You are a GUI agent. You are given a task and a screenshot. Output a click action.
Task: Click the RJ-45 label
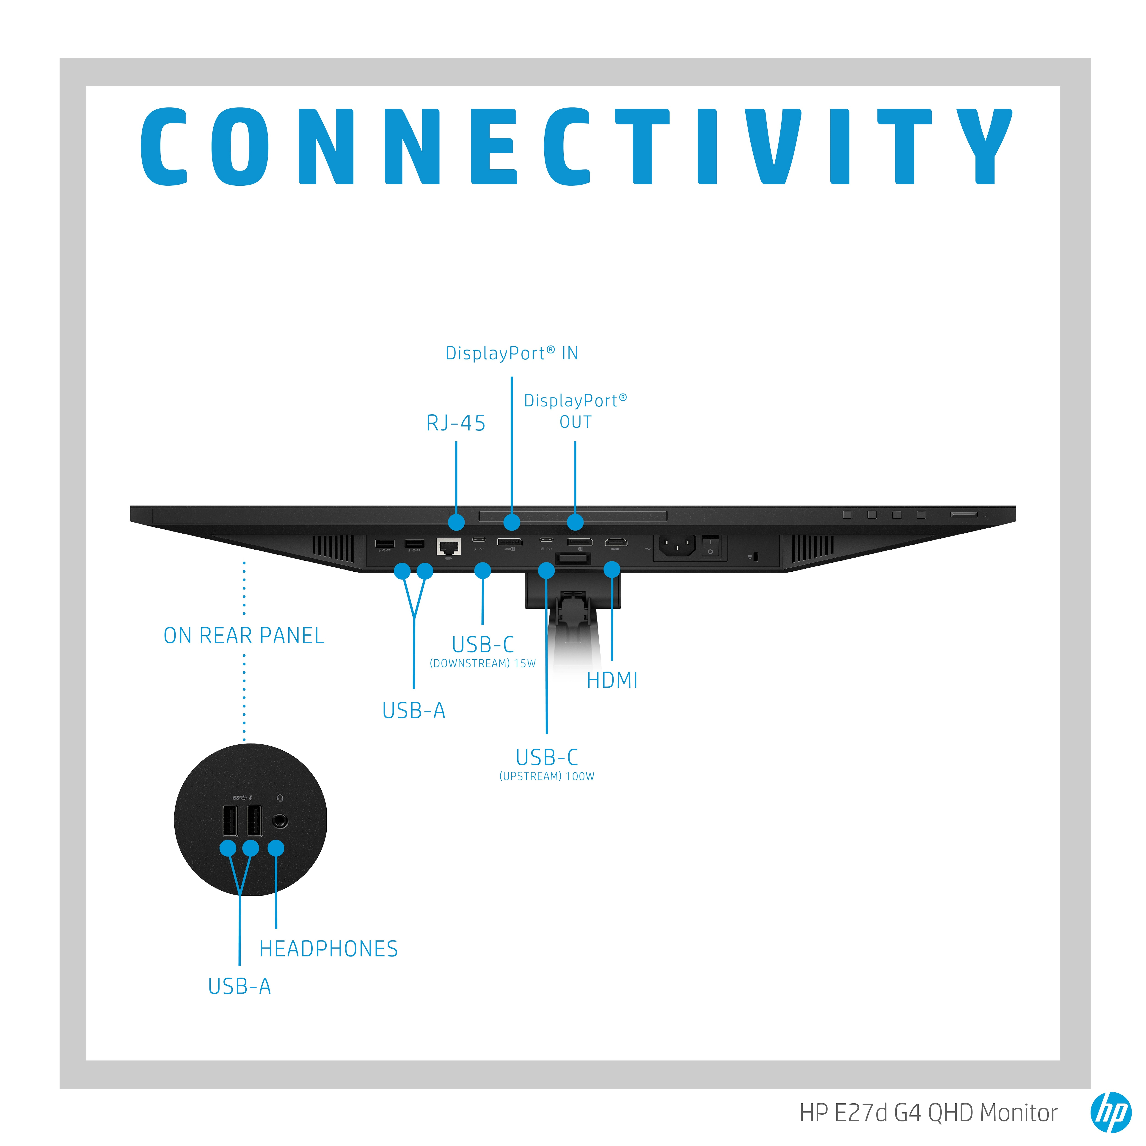click(x=456, y=423)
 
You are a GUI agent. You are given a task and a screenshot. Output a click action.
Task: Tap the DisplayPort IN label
click(x=511, y=353)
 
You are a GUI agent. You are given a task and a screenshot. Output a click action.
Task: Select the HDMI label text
click(x=612, y=680)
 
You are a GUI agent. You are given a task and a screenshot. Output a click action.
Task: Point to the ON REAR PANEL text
click(x=244, y=635)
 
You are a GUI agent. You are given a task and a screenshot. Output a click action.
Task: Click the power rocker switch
click(x=710, y=546)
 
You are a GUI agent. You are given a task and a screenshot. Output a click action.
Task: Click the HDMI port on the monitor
click(x=616, y=542)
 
